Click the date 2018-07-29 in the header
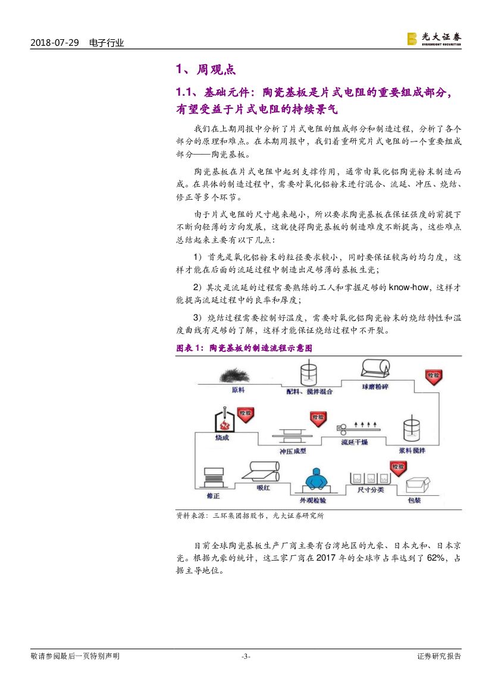[54, 43]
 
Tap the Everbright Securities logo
[434, 39]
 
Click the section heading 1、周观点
[206, 70]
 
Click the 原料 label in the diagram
[239, 390]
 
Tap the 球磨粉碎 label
[375, 387]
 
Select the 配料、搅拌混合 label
[309, 392]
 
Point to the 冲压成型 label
[293, 451]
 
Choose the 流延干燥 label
[355, 442]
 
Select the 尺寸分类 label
[370, 490]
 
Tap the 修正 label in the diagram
[214, 495]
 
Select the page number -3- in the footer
[246, 656]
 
